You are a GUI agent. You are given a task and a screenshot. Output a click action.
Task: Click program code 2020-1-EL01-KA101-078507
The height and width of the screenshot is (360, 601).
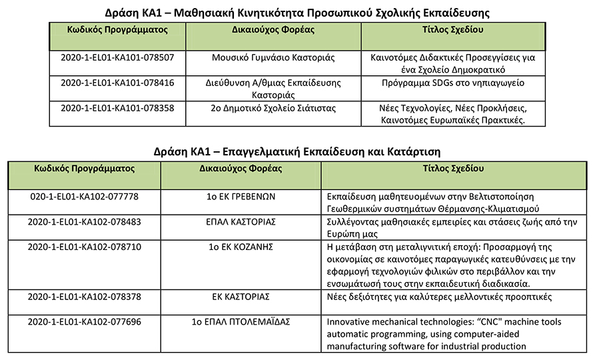click(x=117, y=58)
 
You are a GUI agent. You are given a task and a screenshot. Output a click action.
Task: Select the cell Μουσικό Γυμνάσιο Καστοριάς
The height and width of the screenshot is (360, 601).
click(x=273, y=58)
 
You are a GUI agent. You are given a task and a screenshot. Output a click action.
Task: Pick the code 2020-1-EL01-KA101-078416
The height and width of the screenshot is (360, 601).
click(x=117, y=83)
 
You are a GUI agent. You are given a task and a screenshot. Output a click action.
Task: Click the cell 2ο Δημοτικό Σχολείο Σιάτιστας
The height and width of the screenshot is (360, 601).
click(x=273, y=108)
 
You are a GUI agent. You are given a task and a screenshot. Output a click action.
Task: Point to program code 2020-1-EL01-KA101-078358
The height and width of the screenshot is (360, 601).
click(x=117, y=108)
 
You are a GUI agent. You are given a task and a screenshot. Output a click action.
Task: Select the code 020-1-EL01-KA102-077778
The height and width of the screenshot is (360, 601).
click(x=84, y=197)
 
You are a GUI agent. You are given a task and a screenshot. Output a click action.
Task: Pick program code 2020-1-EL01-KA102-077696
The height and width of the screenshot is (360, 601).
click(x=84, y=322)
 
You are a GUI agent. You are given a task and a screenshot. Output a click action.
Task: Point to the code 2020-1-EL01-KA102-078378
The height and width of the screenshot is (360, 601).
click(x=84, y=297)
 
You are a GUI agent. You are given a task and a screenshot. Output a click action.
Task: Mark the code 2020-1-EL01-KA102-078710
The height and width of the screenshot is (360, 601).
click(x=84, y=247)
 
